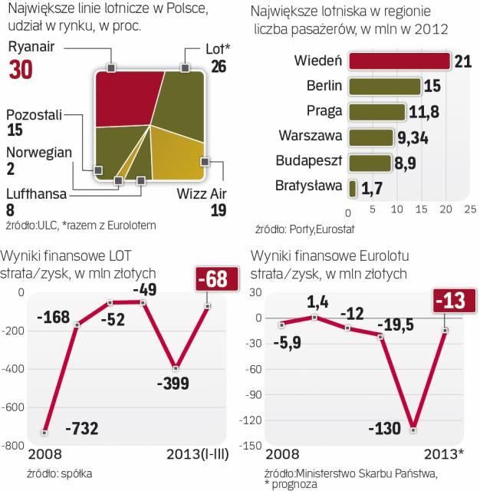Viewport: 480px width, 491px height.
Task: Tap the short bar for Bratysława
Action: (352, 188)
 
